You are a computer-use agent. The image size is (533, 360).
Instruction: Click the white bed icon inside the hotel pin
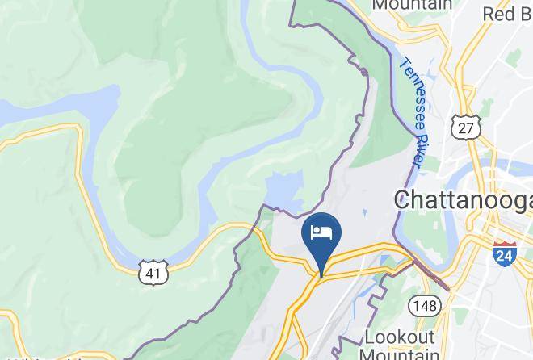point(321,233)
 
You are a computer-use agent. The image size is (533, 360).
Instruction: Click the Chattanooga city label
point(463,199)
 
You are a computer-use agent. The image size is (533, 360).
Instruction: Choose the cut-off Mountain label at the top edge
point(412,6)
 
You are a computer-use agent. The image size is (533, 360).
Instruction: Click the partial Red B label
point(506,14)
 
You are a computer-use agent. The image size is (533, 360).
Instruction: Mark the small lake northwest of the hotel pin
point(283,190)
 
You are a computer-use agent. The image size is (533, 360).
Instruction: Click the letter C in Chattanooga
point(401,199)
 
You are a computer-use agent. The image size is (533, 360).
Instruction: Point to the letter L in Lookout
point(371,336)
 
